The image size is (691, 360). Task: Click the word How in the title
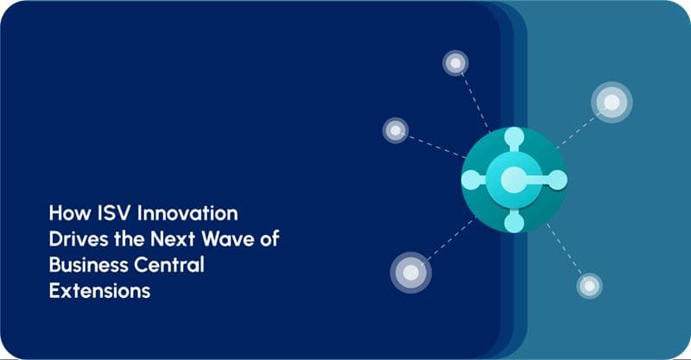[67, 212]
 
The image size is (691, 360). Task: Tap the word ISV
[111, 212]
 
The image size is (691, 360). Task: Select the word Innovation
[185, 212]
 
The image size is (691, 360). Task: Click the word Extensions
[99, 291]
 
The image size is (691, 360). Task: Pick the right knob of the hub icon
[557, 180]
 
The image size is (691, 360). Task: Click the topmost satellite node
[455, 63]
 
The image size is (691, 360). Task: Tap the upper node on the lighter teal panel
[612, 102]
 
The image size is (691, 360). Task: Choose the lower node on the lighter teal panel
[589, 286]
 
